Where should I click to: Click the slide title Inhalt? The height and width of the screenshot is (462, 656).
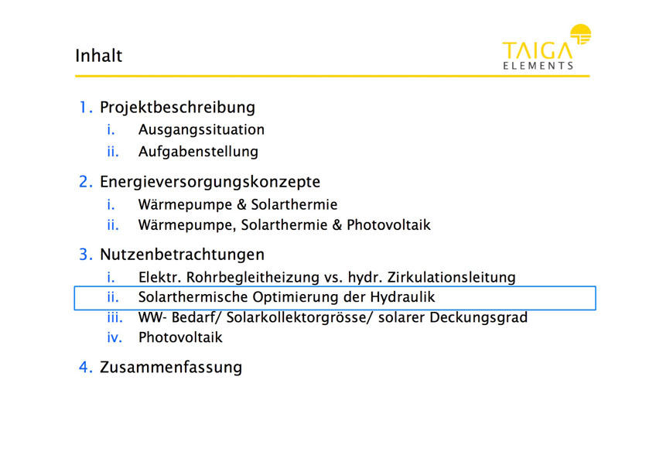[99, 56]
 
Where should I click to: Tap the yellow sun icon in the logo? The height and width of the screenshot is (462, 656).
[581, 34]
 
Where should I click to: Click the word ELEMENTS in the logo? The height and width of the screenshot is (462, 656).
[538, 66]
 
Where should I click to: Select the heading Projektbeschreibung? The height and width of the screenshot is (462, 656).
[177, 108]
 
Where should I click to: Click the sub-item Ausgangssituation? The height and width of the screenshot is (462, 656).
[201, 130]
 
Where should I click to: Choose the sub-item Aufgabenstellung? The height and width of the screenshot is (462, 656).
[198, 151]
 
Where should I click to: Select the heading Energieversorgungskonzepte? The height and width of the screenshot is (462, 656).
[210, 182]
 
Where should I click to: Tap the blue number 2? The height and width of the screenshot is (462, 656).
[86, 182]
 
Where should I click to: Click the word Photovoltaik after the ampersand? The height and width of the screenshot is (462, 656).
[388, 224]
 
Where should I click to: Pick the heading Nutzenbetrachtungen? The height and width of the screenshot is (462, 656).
[183, 255]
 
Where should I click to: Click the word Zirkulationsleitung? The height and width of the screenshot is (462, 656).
[452, 277]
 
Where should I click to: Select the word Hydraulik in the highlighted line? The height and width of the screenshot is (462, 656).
[403, 297]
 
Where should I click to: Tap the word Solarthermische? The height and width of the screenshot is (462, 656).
[193, 297]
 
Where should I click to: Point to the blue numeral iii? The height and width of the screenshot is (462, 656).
[114, 317]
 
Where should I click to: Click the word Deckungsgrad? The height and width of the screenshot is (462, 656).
[479, 317]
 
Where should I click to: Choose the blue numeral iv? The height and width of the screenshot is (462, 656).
[114, 337]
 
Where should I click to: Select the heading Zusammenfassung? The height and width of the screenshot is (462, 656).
[171, 367]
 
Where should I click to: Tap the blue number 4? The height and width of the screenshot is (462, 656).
[86, 367]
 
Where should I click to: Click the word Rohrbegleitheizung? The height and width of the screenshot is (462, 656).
[253, 277]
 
